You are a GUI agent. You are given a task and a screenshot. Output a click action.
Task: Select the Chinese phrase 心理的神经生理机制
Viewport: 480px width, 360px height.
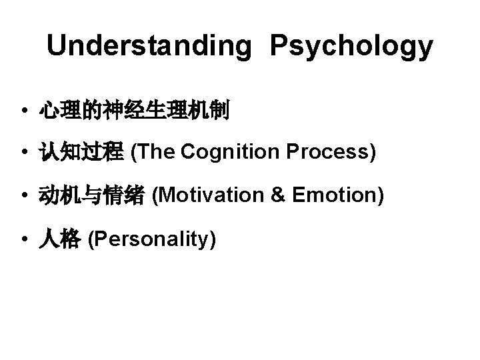point(134,110)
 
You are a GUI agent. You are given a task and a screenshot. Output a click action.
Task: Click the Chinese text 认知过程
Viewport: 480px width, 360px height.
point(81,153)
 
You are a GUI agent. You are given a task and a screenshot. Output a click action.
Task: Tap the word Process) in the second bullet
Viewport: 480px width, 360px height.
point(331,153)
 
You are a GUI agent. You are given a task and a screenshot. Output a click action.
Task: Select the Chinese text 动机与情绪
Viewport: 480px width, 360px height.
point(91,196)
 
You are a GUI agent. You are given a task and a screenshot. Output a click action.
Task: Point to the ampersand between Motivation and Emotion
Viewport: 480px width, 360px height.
point(279,195)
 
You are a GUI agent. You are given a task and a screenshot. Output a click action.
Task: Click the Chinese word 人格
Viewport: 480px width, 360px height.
point(59,239)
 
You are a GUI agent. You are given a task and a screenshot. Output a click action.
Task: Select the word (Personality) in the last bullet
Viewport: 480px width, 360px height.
point(151,238)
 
